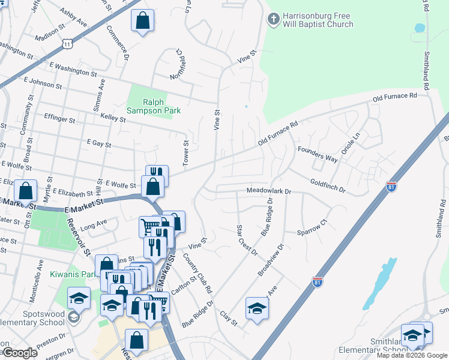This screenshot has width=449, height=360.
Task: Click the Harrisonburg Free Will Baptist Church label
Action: (318, 20)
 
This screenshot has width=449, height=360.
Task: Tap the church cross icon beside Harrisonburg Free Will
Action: (273, 20)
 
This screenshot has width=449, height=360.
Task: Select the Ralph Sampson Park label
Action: (154, 106)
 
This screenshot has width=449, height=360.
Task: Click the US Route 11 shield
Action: (67, 43)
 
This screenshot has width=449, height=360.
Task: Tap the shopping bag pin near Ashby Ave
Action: (142, 22)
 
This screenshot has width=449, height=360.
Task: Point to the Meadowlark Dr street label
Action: (268, 191)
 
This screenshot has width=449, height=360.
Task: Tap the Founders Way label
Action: (316, 155)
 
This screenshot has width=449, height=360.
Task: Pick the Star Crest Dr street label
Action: (246, 239)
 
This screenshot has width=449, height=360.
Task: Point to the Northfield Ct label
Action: (179, 65)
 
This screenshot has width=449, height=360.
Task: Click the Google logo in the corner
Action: (20, 353)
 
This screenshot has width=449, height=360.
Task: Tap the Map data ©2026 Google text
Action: (412, 355)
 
